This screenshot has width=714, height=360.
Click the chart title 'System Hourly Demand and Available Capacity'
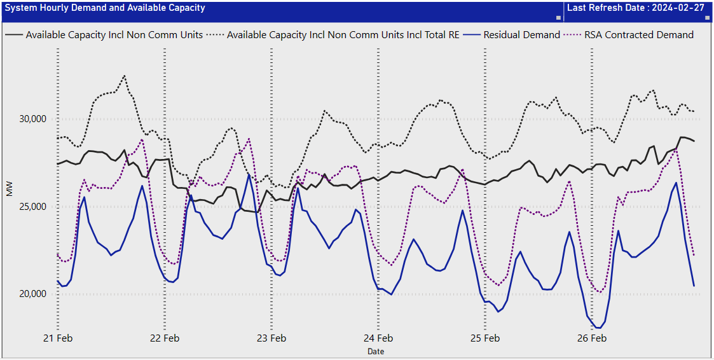[x=105, y=8]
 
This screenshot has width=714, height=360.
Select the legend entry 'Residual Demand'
[x=521, y=35]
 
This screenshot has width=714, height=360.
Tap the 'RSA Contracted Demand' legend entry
[x=649, y=35]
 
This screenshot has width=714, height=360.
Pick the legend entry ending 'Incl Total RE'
[x=343, y=35]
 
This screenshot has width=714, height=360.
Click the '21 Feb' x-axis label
[x=58, y=338]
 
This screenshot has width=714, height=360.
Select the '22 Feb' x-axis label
[x=165, y=338]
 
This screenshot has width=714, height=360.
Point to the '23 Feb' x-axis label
[x=271, y=338]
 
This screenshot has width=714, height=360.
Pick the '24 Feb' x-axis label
[x=378, y=338]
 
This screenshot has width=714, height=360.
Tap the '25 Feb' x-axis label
[x=485, y=338]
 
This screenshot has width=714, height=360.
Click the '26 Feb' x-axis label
[x=592, y=338]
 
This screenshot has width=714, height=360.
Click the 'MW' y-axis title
[x=10, y=189]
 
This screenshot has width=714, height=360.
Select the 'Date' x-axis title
[x=376, y=351]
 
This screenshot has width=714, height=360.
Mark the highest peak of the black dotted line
[x=125, y=76]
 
